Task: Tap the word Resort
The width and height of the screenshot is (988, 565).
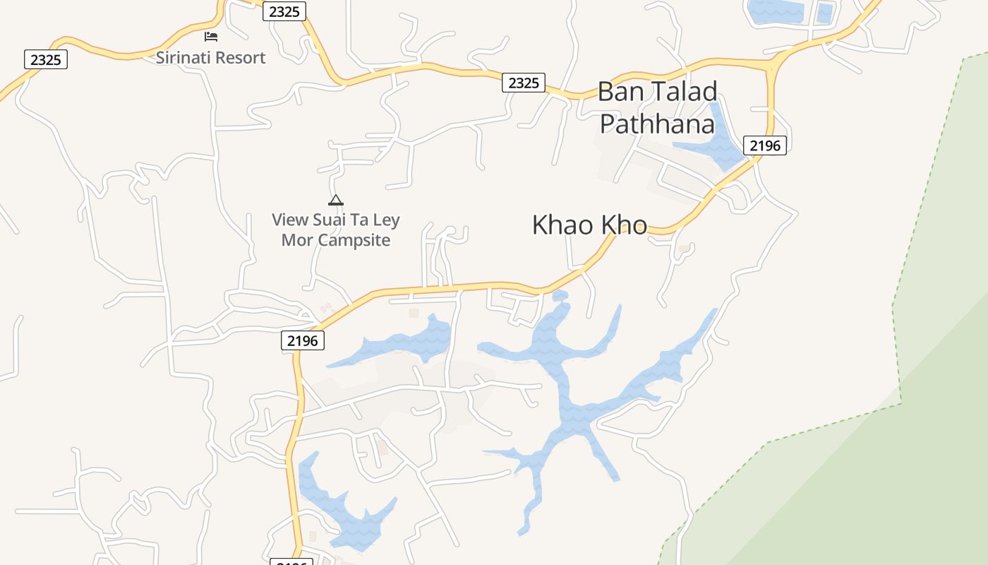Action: tap(241, 58)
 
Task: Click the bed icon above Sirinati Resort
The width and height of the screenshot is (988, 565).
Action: tap(211, 36)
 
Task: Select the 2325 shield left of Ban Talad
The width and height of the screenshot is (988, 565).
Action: tap(524, 83)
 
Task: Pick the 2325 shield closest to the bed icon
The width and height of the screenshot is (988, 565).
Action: tap(284, 11)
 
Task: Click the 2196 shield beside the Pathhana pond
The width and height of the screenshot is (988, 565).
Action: tap(765, 145)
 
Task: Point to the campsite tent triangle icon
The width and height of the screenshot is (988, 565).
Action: tap(336, 200)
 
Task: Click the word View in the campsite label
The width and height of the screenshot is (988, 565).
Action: tap(291, 220)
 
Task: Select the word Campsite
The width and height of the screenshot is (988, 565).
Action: tap(354, 240)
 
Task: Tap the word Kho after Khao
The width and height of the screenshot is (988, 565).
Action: tap(624, 225)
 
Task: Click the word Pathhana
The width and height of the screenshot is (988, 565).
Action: tap(657, 124)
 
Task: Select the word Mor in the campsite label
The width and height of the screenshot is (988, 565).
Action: tap(297, 240)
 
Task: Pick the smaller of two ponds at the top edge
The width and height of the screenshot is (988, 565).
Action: tap(824, 12)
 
